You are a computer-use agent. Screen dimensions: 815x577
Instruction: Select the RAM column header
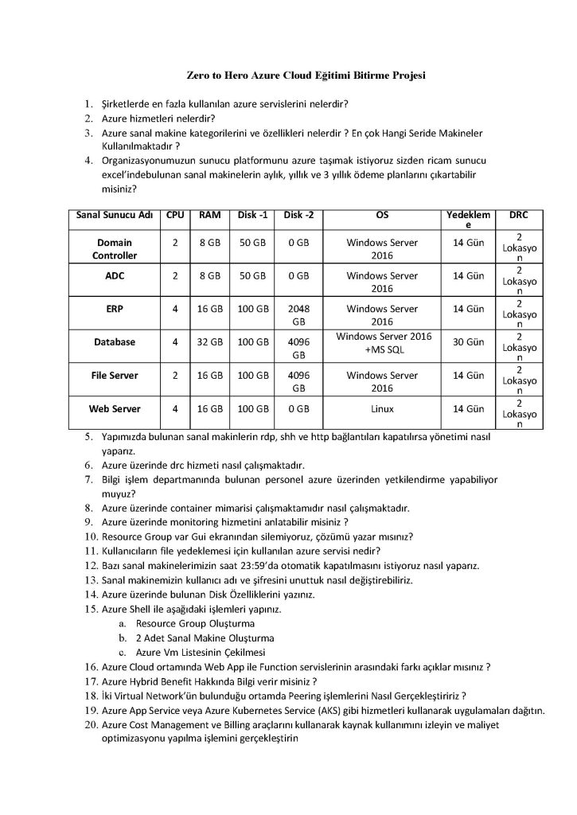click(209, 215)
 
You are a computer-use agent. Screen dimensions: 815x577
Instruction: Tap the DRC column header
click(519, 215)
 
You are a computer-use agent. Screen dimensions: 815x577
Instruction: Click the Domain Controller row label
click(115, 248)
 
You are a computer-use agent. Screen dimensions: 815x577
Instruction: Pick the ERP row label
click(115, 308)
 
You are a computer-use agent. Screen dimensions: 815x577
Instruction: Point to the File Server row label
click(115, 375)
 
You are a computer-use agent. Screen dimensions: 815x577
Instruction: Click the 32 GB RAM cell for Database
click(209, 341)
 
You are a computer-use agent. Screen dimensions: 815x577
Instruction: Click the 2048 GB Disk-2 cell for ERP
click(298, 314)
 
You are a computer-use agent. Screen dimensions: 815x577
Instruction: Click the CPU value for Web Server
click(174, 408)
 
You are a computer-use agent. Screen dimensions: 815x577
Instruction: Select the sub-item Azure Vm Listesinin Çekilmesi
click(196, 653)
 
